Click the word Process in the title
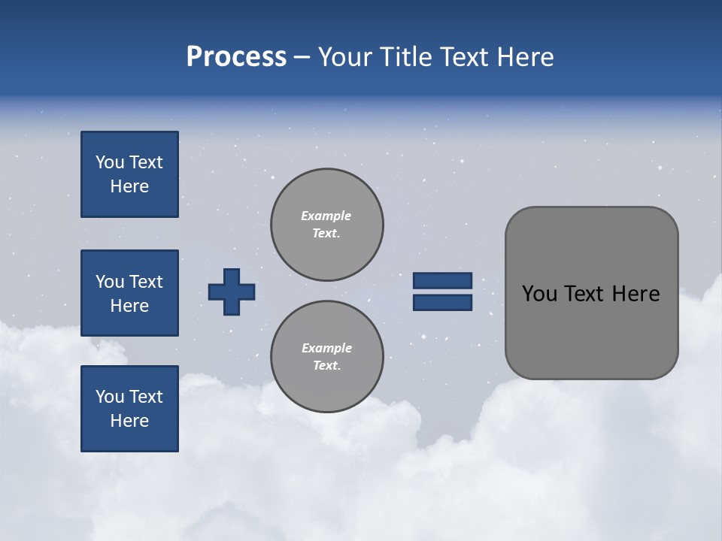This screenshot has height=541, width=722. click(x=236, y=57)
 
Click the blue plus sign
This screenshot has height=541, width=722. click(x=232, y=292)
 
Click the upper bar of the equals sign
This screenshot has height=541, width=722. click(x=443, y=280)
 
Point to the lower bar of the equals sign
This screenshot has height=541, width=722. click(x=443, y=302)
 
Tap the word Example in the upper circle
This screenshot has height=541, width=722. click(x=326, y=216)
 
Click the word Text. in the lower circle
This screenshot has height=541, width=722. click(x=326, y=366)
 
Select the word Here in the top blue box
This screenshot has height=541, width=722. click(x=129, y=186)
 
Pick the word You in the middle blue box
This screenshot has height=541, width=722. click(x=108, y=282)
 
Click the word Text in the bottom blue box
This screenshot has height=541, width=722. click(x=145, y=397)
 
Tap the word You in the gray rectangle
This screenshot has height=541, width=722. click(x=538, y=294)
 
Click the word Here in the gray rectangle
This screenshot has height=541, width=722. click(x=636, y=294)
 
